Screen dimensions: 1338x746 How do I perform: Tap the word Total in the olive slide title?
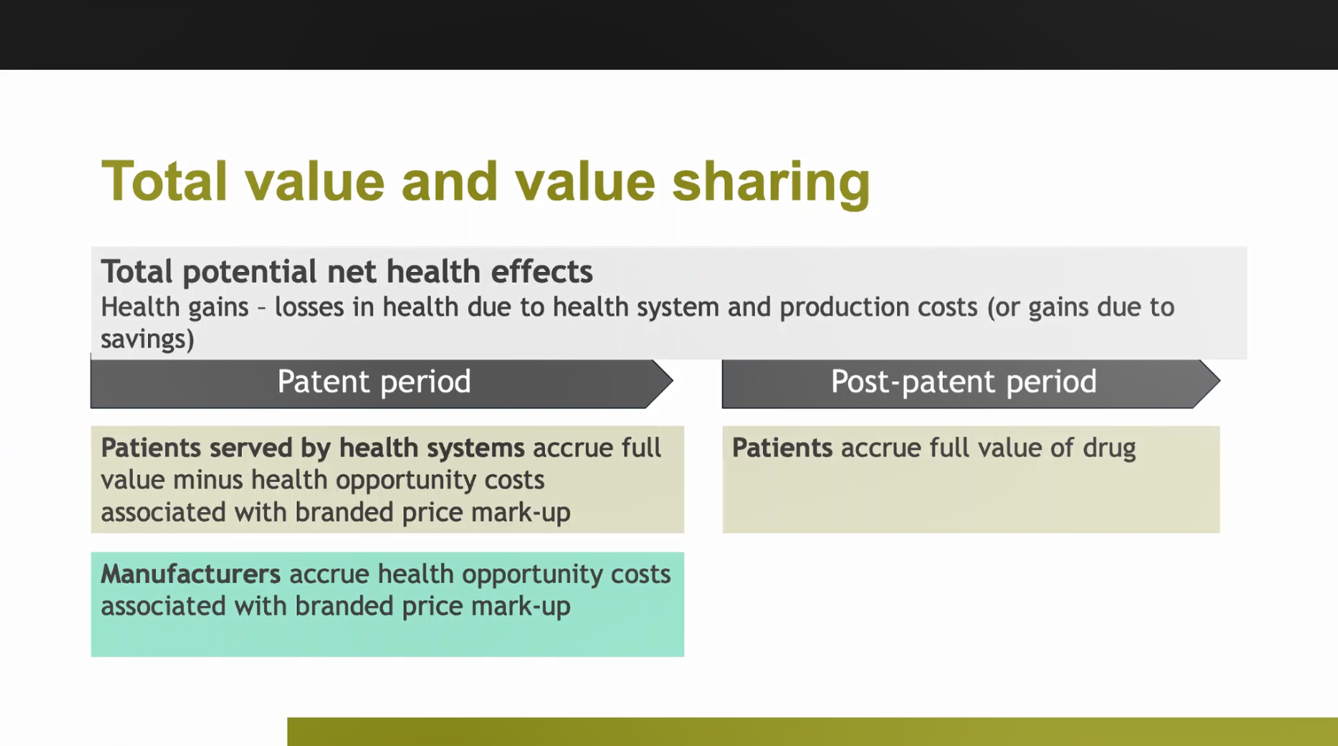pyautogui.click(x=164, y=181)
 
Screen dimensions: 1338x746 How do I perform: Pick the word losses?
pyautogui.click(x=309, y=308)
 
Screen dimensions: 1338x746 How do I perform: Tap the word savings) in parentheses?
pyautogui.click(x=147, y=339)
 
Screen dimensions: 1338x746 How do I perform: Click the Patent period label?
pyautogui.click(x=374, y=382)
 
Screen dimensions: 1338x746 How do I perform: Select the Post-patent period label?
pyautogui.click(x=964, y=382)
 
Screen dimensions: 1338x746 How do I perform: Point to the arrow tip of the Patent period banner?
pyautogui.click(x=673, y=381)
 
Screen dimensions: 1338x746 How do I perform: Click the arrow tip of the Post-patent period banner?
pyautogui.click(x=1219, y=381)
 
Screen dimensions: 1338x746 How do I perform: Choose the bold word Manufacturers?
pyautogui.click(x=191, y=574)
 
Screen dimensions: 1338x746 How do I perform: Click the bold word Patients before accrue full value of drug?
pyautogui.click(x=782, y=448)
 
